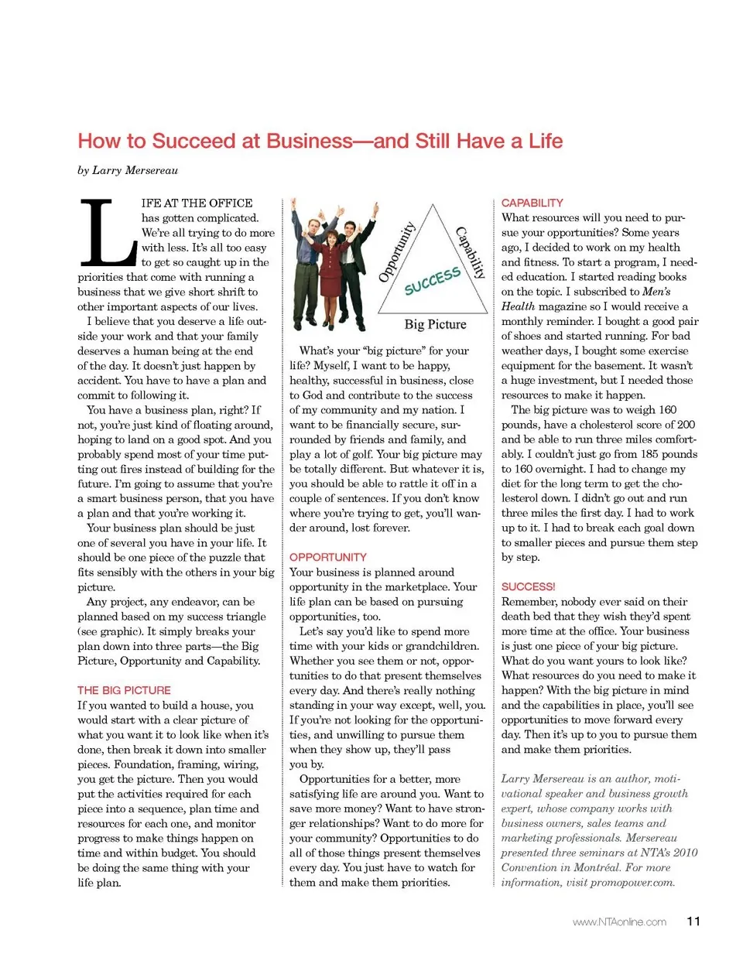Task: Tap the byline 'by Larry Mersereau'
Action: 128,170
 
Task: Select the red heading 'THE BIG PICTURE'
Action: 124,690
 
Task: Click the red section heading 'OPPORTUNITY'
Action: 328,557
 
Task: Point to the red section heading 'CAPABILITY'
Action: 532,203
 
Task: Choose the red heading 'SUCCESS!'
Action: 529,586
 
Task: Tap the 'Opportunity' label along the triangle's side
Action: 397,251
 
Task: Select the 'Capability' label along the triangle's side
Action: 471,252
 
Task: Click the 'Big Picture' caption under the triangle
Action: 435,324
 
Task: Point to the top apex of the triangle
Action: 433,206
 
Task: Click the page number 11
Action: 693,921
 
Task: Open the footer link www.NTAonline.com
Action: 619,921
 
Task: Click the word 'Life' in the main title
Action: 546,141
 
